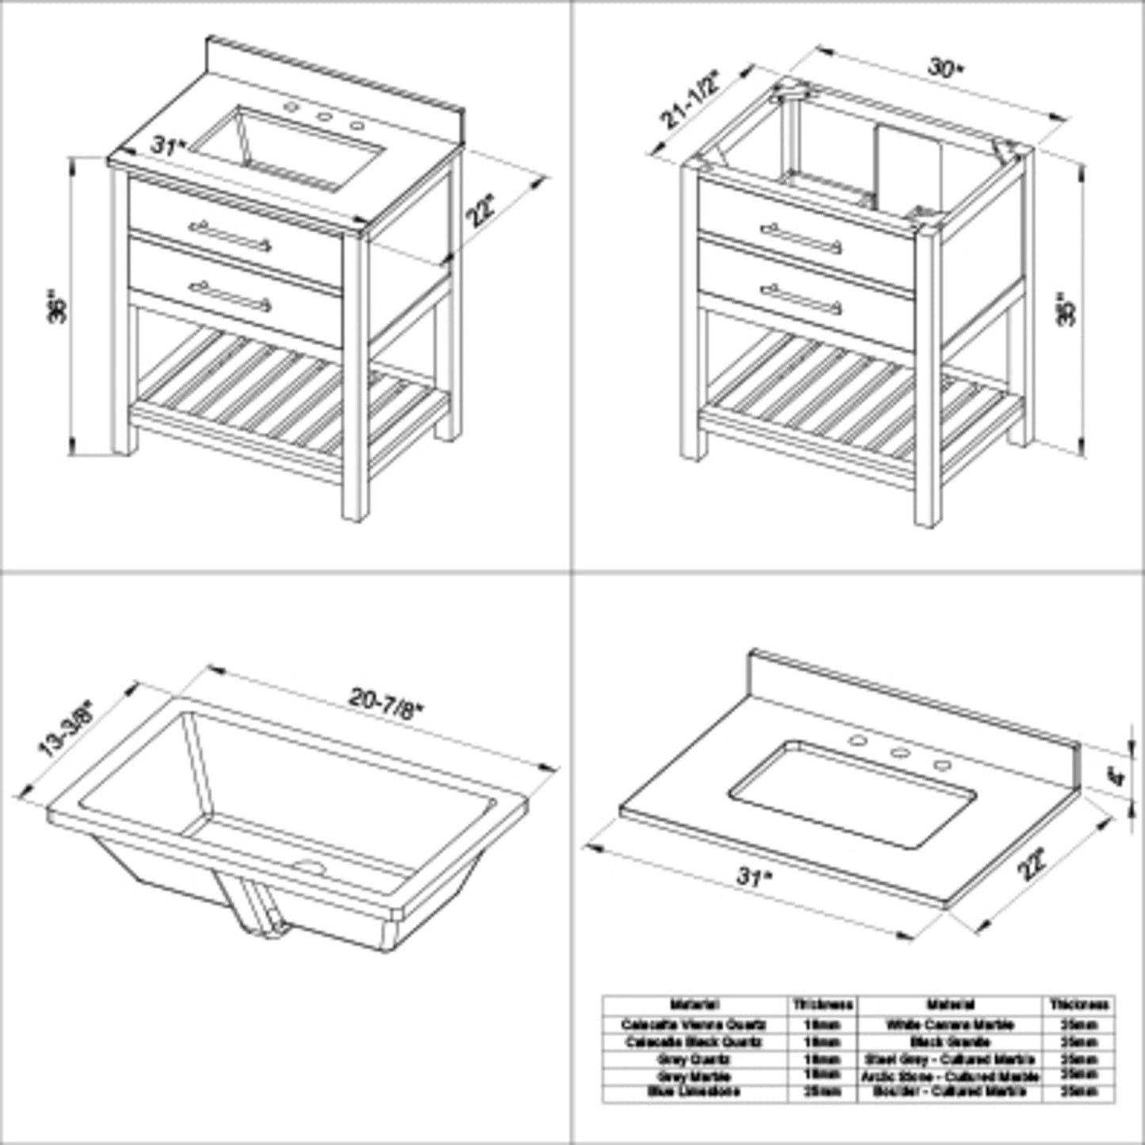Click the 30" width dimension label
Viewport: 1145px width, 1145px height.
(945, 69)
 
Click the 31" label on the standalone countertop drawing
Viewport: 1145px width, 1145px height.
(751, 876)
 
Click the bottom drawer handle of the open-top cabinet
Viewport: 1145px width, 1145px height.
(801, 299)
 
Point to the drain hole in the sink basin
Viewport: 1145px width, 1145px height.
(310, 866)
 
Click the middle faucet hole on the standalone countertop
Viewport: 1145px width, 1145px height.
(899, 753)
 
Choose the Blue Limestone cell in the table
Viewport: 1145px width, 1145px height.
(694, 1092)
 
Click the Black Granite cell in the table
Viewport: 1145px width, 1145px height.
(950, 1042)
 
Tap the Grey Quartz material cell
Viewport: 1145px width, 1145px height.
(694, 1059)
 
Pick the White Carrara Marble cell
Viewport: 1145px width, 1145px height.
(950, 1025)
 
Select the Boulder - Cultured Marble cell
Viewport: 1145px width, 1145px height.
(950, 1092)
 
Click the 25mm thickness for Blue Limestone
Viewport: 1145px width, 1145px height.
(822, 1092)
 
